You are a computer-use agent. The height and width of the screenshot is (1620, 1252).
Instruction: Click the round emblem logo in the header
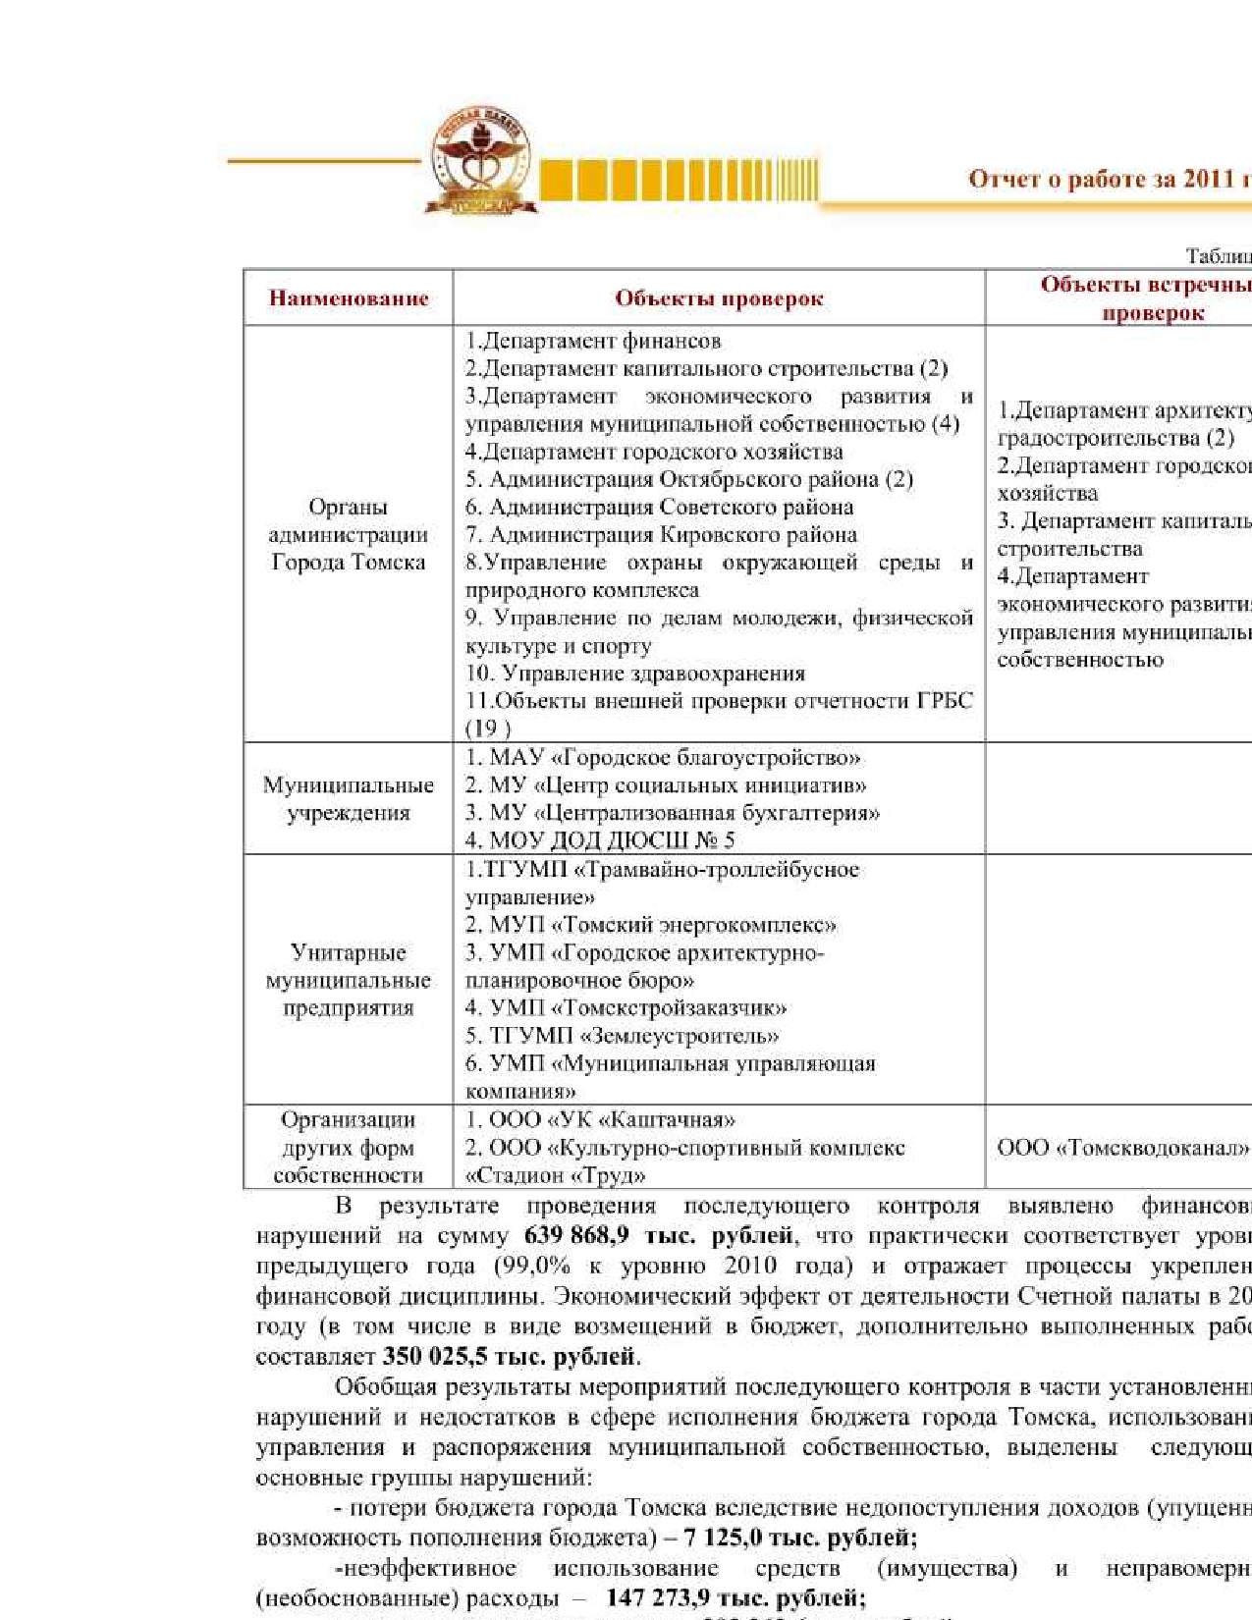point(481,160)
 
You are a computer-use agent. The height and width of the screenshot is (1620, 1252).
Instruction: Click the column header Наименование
point(349,298)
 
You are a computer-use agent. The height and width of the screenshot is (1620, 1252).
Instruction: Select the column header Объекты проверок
point(719,298)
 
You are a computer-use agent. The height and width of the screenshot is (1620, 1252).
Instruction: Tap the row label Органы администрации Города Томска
point(349,534)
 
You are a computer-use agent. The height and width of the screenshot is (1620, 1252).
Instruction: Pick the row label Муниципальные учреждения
point(349,798)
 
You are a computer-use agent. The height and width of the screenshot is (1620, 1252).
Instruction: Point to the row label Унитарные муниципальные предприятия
point(349,980)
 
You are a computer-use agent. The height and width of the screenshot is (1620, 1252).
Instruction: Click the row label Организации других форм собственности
point(349,1147)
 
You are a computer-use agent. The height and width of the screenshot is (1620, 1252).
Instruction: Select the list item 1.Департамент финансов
point(593,341)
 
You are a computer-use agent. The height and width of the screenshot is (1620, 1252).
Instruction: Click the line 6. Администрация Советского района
point(659,508)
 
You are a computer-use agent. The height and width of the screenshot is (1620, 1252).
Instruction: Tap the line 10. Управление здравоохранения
point(635,674)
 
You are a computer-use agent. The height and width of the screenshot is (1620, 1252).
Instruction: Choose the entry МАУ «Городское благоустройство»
point(663,757)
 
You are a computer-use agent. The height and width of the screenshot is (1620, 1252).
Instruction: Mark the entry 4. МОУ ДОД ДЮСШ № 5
point(600,840)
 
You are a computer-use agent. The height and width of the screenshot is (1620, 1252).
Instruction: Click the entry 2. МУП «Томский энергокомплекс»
point(651,925)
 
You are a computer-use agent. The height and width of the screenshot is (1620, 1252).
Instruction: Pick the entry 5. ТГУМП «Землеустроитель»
point(623,1036)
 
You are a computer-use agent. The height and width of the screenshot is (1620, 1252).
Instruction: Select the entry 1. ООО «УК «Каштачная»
point(600,1119)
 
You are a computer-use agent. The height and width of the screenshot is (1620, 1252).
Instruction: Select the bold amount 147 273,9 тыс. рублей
point(735,1597)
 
